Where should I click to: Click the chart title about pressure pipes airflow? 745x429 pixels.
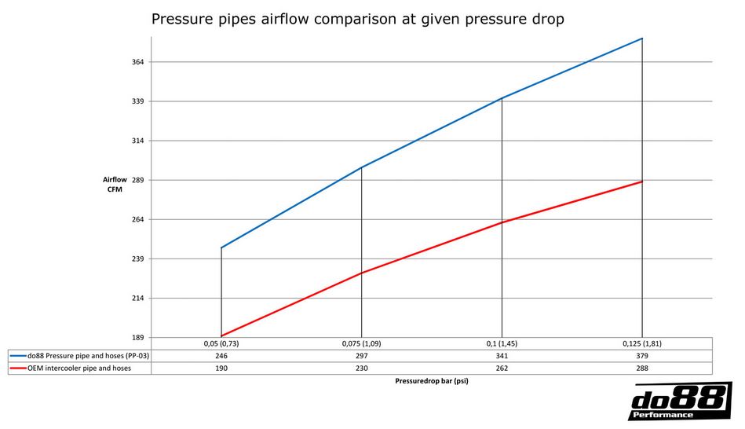[357, 19]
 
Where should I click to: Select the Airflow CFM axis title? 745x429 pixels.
[115, 185]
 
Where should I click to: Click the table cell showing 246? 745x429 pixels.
[221, 356]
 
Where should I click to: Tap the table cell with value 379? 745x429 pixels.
[642, 356]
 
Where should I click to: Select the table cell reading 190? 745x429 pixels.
[221, 368]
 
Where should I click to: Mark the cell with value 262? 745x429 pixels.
[502, 368]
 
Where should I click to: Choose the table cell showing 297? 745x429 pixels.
[361, 356]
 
